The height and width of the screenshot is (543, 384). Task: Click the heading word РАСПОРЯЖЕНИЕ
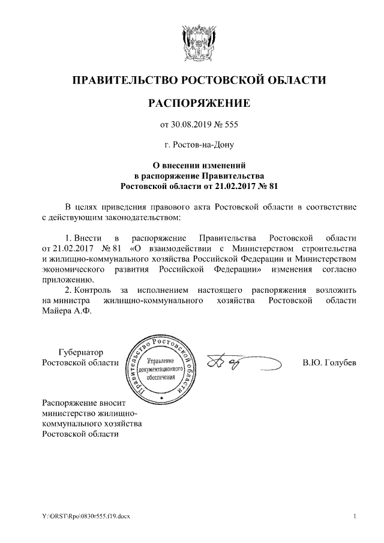(x=199, y=103)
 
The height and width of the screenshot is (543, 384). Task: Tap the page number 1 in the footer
(x=355, y=517)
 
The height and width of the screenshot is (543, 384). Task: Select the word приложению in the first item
(x=67, y=279)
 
